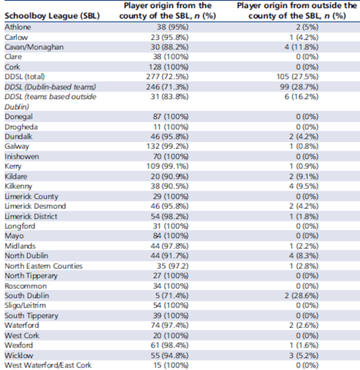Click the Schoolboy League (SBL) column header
[x=52, y=17]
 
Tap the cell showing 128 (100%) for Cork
[x=172, y=67]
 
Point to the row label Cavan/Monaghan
[x=34, y=47]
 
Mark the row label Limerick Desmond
[x=35, y=206]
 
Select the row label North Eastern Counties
[x=44, y=266]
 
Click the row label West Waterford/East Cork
[x=48, y=366]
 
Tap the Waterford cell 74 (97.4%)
[x=172, y=326]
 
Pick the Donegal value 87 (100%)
[x=173, y=117]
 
